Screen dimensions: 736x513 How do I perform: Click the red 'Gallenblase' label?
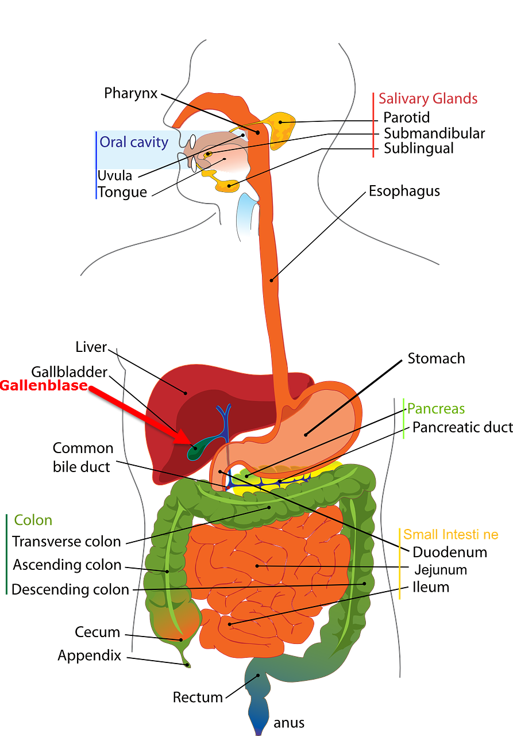(x=44, y=385)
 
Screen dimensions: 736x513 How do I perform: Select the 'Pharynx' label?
(x=130, y=93)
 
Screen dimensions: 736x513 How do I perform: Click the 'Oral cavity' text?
(x=134, y=142)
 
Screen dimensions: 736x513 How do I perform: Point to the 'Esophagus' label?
(x=404, y=191)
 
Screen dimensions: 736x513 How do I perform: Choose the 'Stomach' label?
(x=436, y=359)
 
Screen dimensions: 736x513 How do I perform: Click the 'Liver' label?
(x=91, y=347)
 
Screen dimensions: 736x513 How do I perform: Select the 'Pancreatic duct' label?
(x=462, y=427)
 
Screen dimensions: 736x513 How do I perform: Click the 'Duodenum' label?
(x=450, y=553)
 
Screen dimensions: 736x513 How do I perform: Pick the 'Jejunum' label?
(x=441, y=570)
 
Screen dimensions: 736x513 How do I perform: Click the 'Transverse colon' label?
(x=67, y=542)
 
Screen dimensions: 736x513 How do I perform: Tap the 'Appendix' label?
(x=90, y=655)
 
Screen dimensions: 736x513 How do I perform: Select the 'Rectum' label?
(x=198, y=697)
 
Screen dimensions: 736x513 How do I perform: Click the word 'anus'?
(x=289, y=723)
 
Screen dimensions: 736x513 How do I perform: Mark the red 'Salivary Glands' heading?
(x=428, y=98)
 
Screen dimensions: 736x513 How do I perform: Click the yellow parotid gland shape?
(x=281, y=125)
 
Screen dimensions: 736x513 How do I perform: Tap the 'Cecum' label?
(x=97, y=632)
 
